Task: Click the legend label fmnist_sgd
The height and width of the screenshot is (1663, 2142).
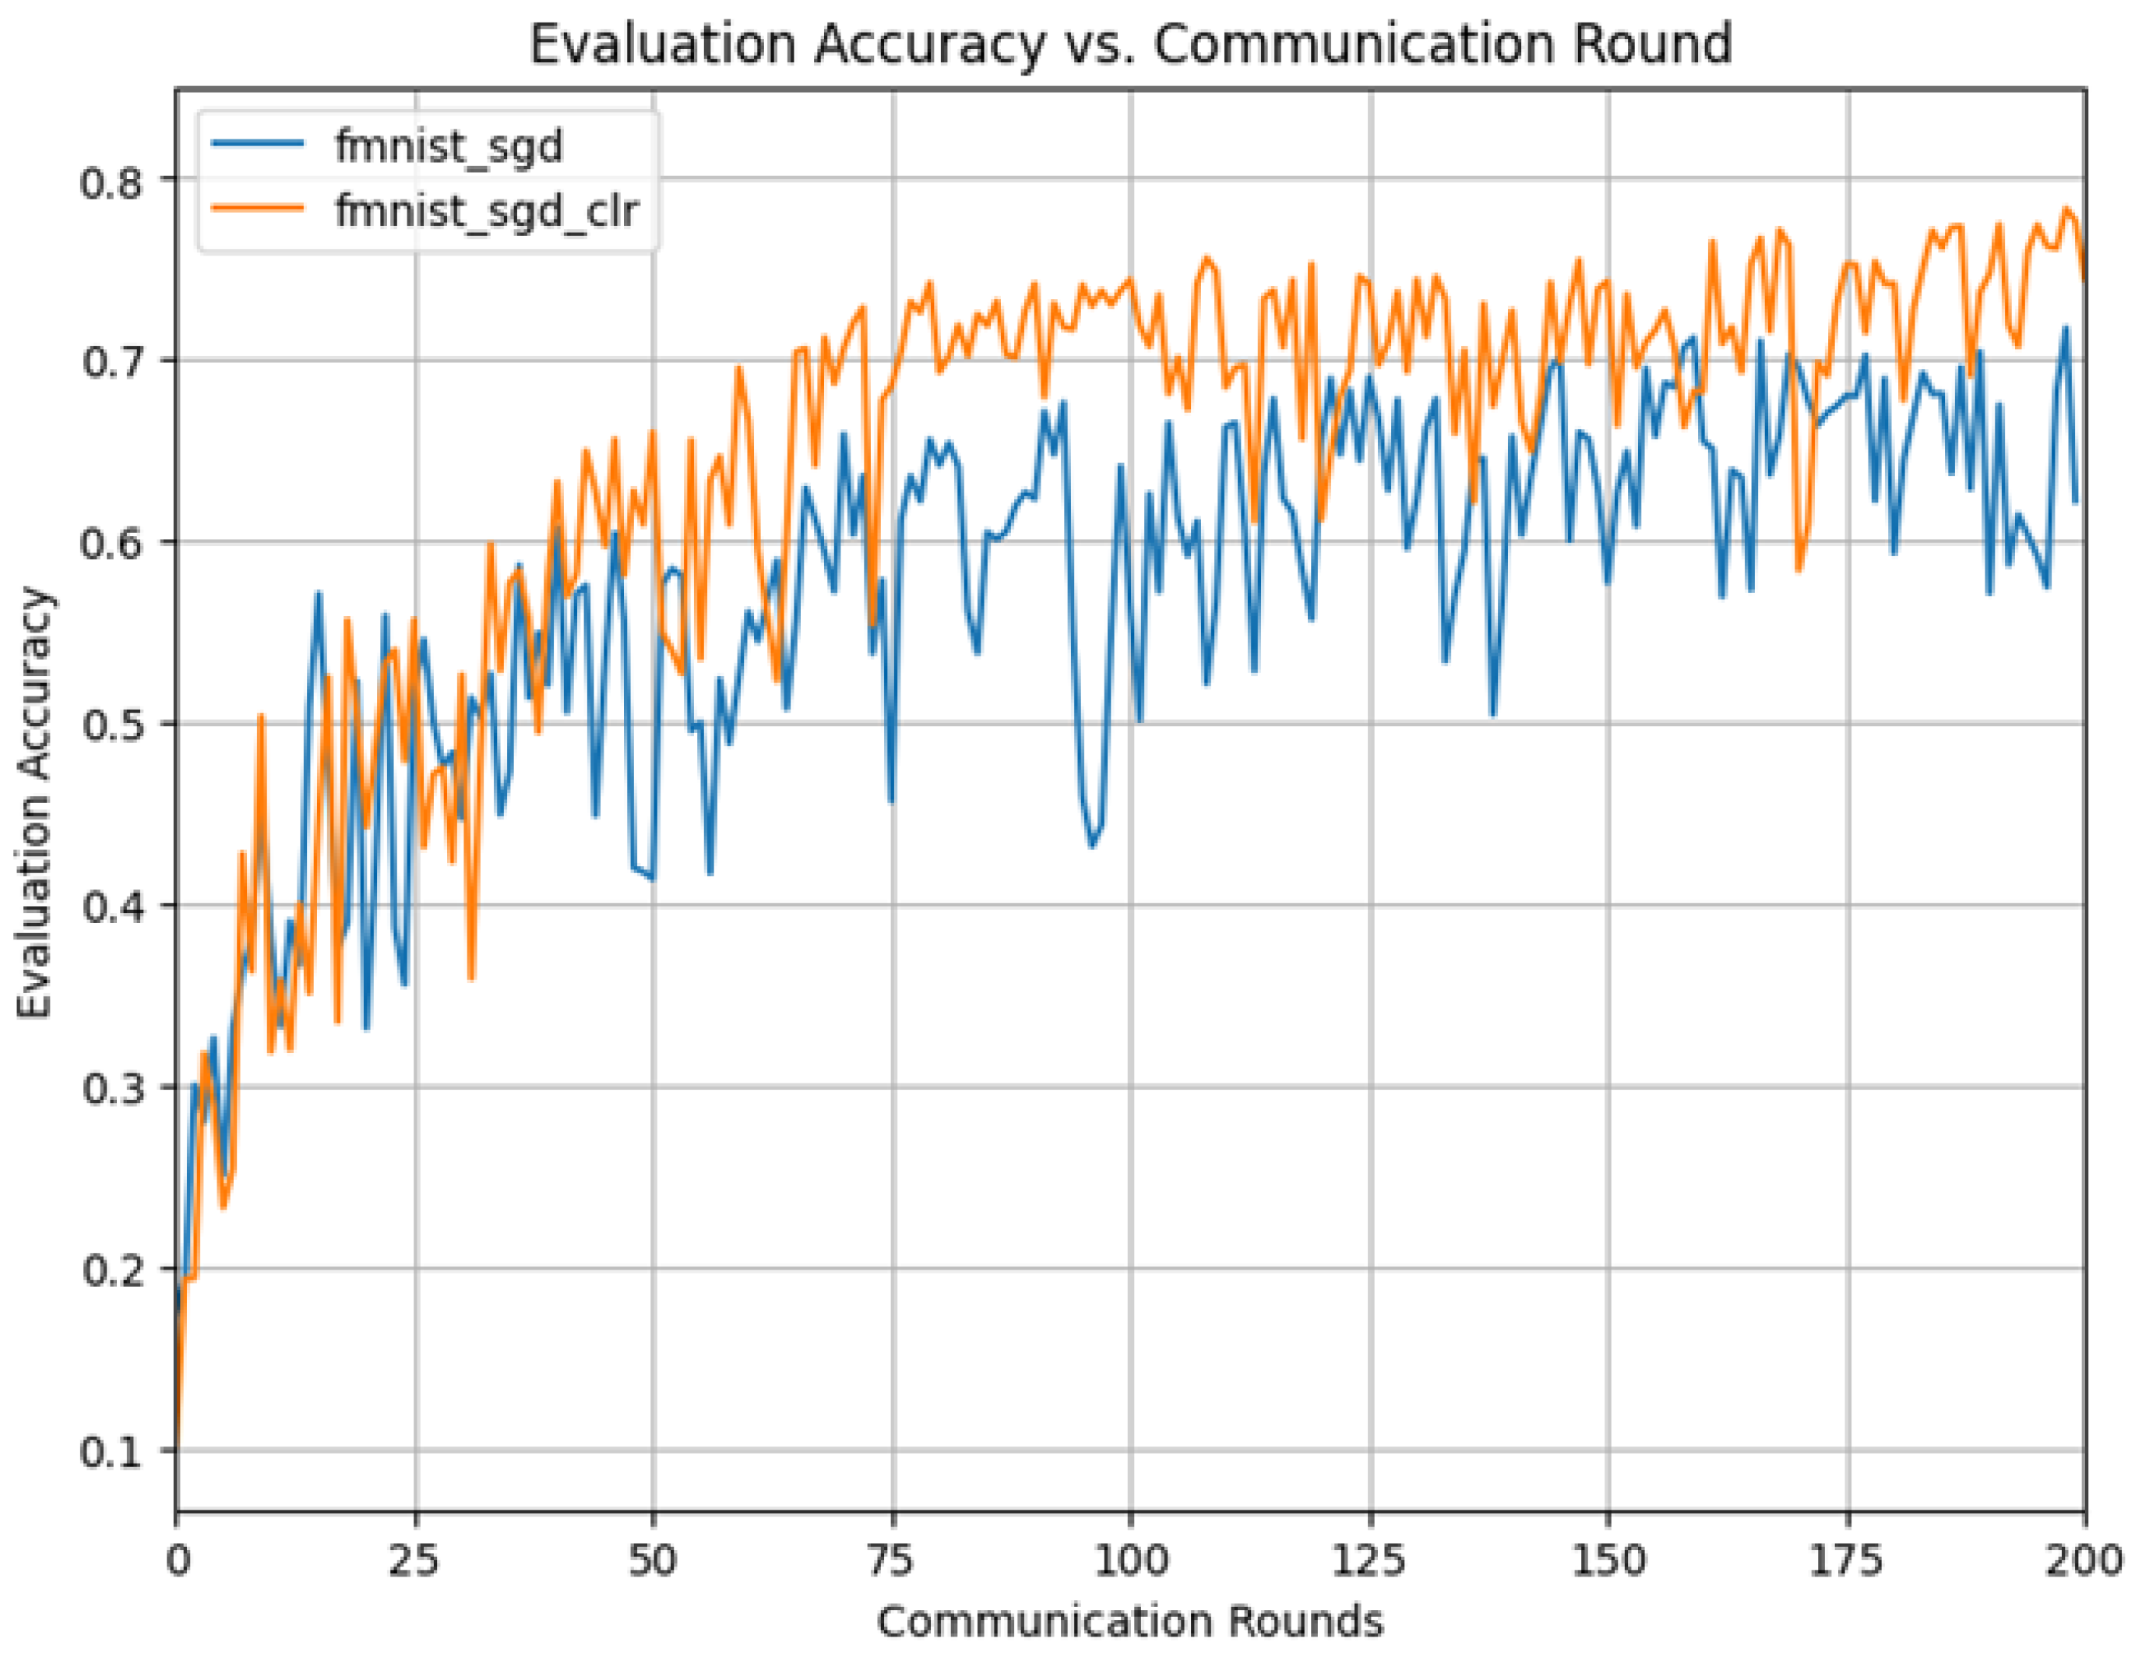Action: (449, 147)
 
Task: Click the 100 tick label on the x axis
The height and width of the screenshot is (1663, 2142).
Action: (1130, 1560)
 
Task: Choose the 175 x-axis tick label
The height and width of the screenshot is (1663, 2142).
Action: (1847, 1560)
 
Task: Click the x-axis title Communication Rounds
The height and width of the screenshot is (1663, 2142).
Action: (1130, 1621)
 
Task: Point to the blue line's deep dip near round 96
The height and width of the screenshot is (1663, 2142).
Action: (1093, 846)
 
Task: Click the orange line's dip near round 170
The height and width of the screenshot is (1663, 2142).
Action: (1799, 569)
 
